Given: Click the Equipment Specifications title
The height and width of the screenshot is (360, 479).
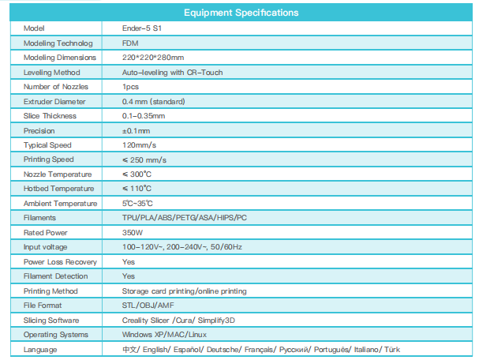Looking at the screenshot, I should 240,13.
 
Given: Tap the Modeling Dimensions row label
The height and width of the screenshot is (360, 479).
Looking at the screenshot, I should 60,58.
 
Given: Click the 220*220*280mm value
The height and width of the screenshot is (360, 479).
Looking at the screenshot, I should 153,58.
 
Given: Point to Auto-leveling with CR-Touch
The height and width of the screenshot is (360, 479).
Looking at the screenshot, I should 172,72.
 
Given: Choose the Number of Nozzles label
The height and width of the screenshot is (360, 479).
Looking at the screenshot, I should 56,86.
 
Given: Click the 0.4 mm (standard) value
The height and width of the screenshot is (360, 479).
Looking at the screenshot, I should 155,101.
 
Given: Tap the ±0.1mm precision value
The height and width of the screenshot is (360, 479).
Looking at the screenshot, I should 136,130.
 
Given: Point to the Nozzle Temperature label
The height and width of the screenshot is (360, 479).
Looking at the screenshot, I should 58,174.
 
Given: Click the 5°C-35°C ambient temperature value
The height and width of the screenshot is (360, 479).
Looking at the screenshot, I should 140,203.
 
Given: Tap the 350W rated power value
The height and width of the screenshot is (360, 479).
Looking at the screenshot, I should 133,232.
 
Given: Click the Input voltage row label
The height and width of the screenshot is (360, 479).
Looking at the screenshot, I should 47,247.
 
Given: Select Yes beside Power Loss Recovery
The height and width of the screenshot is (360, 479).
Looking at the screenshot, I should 129,261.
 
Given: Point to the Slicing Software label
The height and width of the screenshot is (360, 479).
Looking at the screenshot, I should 53,320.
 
